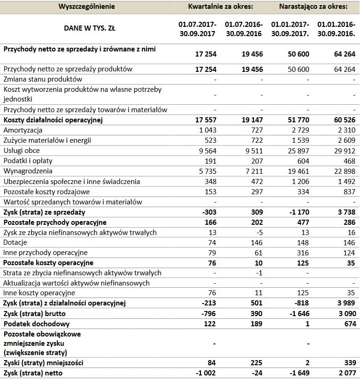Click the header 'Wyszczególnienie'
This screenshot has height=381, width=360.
87,6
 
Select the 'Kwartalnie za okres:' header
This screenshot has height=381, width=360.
220,6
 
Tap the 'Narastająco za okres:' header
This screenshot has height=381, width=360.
313,6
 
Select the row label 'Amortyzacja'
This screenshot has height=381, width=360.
23,130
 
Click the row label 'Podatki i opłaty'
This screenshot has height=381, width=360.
28,161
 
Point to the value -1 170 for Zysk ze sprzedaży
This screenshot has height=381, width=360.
297,212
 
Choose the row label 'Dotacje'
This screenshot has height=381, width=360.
15,242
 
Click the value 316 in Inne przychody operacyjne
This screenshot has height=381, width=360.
303,253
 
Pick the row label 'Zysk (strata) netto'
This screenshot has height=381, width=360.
33,373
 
